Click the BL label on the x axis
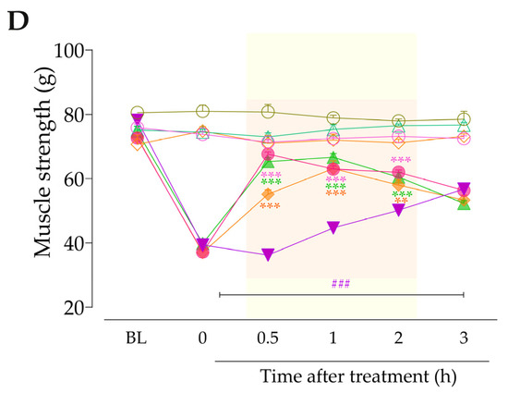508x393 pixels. coord(137,338)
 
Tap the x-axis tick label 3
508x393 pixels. coord(464,338)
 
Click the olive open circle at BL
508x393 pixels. coord(137,113)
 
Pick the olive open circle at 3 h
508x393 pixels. coord(464,119)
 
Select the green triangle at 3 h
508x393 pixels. coord(464,203)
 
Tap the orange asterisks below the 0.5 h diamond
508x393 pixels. coord(270,206)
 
